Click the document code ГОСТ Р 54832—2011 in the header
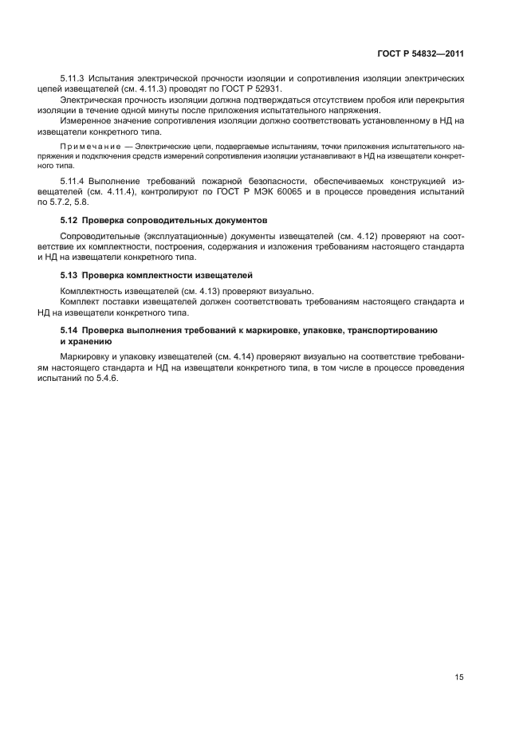[420, 53]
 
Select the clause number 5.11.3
[73, 78]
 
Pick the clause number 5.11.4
[73, 183]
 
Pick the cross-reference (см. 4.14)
[229, 356]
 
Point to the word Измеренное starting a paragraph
[87, 120]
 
